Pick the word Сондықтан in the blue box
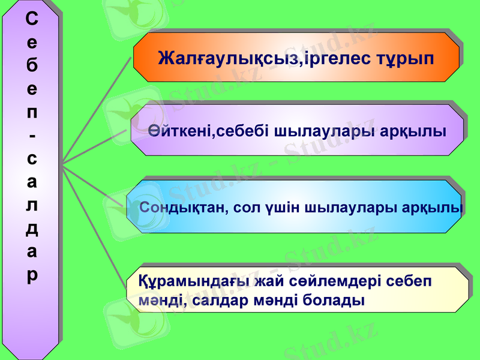coord(182,208)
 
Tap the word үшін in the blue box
coord(281,208)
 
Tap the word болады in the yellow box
coord(335,299)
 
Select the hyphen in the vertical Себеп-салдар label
coord(32,136)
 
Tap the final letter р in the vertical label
coord(32,275)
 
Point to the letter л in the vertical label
coord(32,205)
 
